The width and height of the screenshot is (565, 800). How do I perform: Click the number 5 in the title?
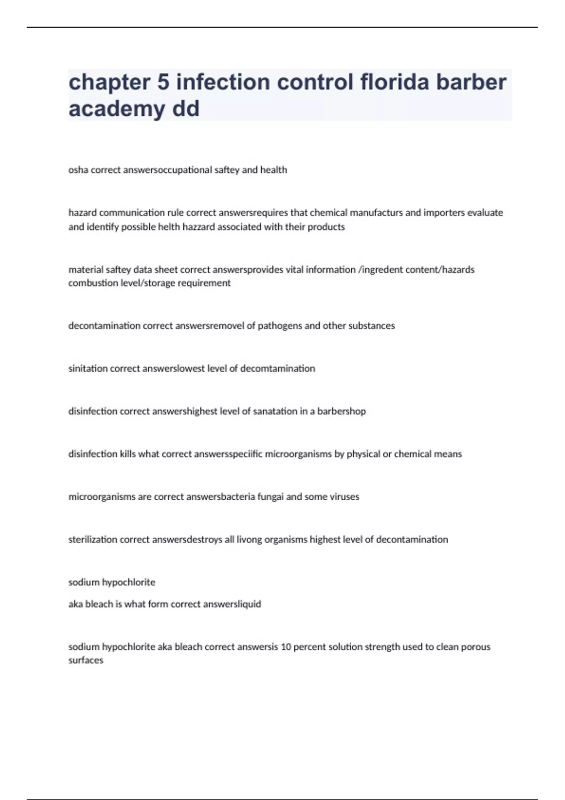tap(163, 82)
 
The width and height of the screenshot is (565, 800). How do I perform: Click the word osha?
tap(78, 170)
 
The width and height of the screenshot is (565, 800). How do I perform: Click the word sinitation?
tap(88, 368)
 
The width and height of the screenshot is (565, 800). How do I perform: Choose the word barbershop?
tap(341, 411)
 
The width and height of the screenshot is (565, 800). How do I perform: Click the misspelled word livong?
tap(249, 540)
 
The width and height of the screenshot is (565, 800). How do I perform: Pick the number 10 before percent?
tap(286, 647)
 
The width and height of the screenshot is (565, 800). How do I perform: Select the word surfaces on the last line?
tap(86, 660)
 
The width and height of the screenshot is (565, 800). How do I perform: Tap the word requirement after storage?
tap(206, 283)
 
